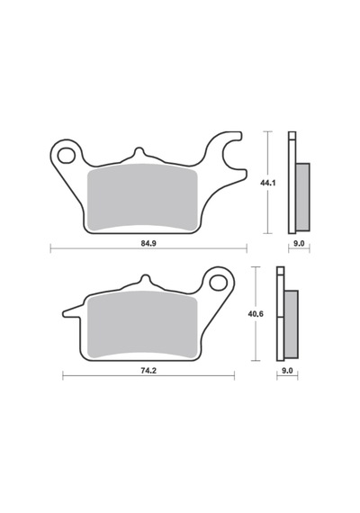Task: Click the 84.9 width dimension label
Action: point(148,243)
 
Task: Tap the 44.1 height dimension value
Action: point(267,183)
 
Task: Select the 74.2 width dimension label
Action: point(148,371)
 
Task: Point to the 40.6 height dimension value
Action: point(256,314)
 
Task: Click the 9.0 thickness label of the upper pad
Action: point(300,243)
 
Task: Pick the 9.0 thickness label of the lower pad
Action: point(287,371)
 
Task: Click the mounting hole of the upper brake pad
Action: point(66,156)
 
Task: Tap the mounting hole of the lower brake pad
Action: point(219,283)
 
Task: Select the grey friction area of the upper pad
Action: point(143,197)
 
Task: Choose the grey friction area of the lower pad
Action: point(143,325)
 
